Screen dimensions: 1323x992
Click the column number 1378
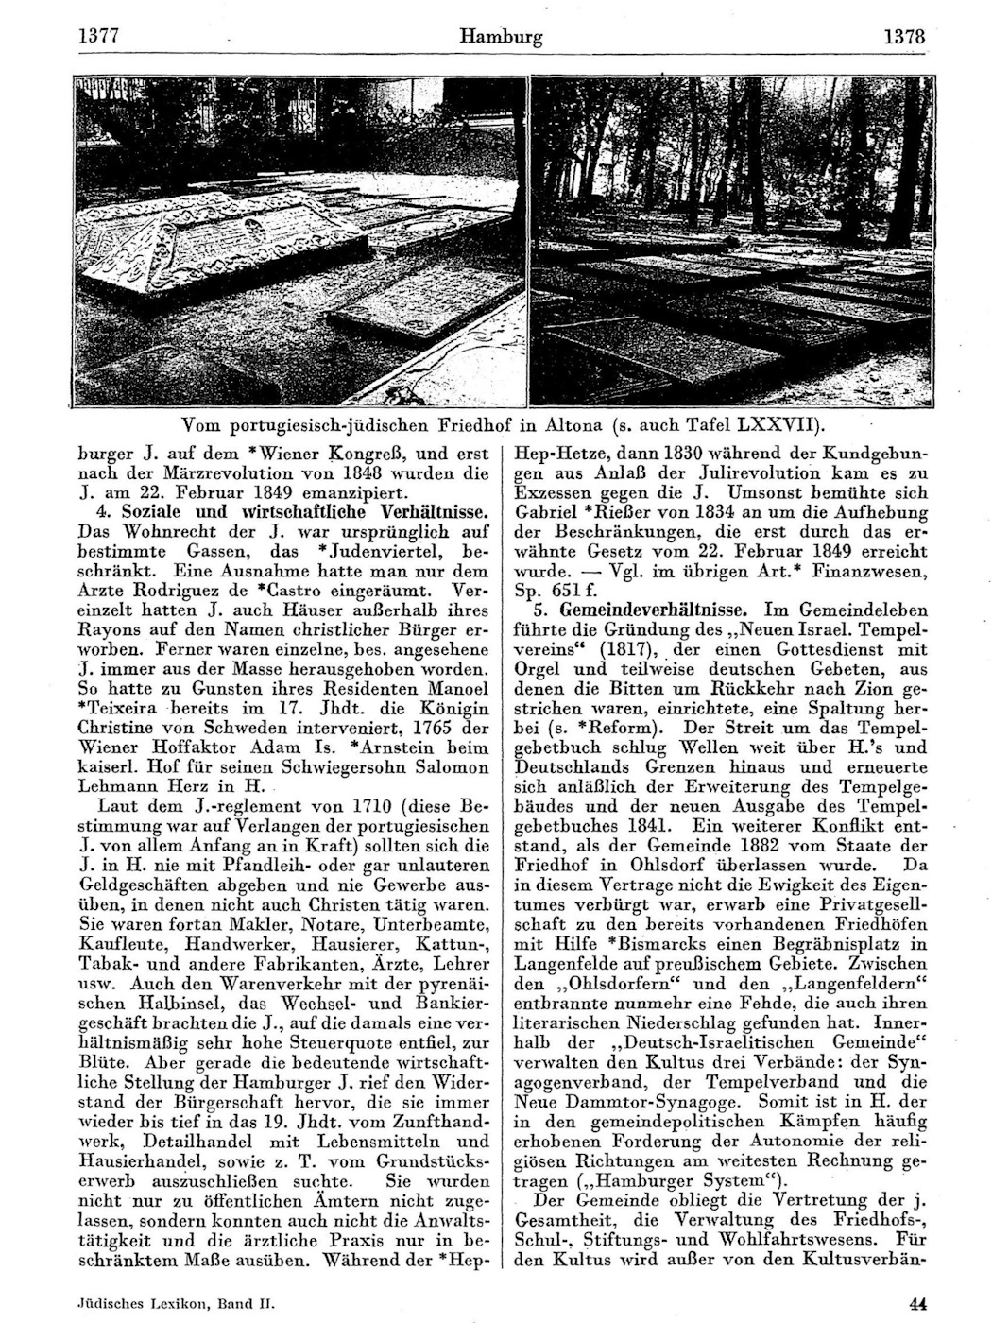pyautogui.click(x=903, y=38)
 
